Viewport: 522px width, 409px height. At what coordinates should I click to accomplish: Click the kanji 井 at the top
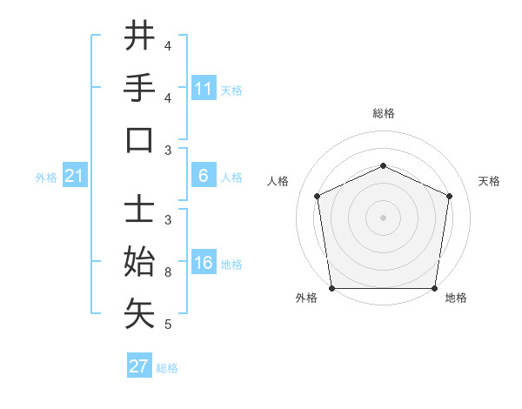tap(139, 37)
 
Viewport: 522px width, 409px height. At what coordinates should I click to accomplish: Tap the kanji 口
tap(139, 139)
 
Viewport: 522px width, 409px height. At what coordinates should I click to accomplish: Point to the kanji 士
tap(139, 210)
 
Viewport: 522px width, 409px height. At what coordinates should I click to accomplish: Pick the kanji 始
tap(139, 262)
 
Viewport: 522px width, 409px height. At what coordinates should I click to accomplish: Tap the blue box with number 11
tap(204, 89)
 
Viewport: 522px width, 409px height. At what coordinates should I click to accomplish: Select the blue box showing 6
tap(204, 176)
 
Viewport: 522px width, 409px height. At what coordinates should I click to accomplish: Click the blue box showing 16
tap(204, 264)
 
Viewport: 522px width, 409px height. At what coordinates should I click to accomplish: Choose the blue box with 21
tap(74, 177)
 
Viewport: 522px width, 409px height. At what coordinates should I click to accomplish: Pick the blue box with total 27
tap(138, 366)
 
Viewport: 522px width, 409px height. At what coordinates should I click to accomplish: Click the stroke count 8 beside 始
tap(167, 272)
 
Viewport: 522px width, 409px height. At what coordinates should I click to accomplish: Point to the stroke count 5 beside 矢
tap(167, 325)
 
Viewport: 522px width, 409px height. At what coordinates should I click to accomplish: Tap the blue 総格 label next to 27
tap(167, 367)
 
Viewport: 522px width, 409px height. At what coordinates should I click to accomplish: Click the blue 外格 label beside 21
tap(46, 178)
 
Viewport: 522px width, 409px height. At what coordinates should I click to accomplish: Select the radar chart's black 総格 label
tap(383, 113)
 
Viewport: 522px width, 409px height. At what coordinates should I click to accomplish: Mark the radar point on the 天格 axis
tap(449, 196)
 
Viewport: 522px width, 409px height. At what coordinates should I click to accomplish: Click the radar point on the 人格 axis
tap(317, 196)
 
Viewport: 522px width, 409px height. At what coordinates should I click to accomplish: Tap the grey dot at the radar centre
tap(383, 217)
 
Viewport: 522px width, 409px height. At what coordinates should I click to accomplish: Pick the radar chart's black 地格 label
tap(456, 298)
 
